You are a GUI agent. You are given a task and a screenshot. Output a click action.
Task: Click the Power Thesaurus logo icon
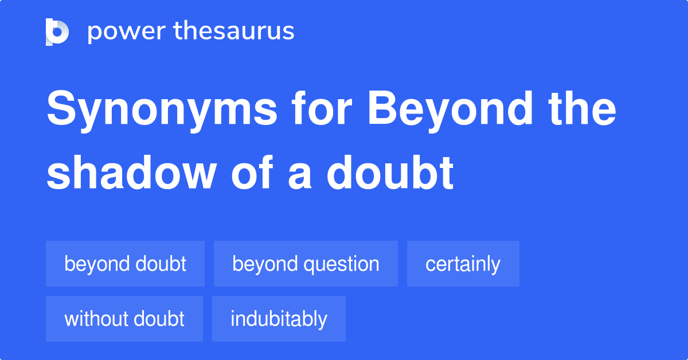57,32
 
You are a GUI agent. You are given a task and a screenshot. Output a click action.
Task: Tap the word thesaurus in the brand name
234,32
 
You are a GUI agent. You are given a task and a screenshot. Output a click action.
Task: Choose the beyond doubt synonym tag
125,264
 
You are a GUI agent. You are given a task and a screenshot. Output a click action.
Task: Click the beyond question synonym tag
306,264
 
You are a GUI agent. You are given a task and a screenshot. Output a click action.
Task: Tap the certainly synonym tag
463,264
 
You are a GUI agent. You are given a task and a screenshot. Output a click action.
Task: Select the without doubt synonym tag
124,319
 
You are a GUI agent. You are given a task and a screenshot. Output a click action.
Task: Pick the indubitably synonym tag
279,319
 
